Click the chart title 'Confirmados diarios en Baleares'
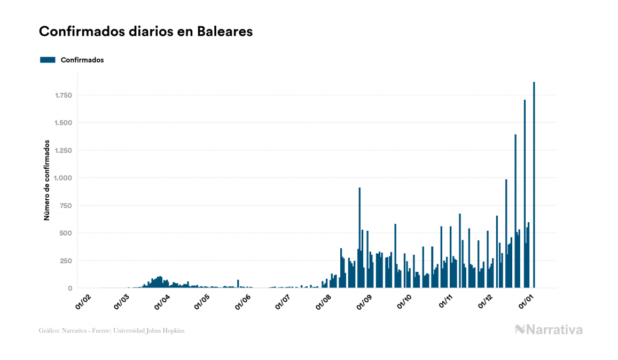pos(146,32)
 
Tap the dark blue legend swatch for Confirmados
pos(48,60)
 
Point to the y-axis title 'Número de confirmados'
pos(46,181)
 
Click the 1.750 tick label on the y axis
pos(63,96)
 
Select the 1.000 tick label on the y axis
pos(63,178)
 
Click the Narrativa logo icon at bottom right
pos(520,330)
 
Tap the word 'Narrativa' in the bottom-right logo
pos(554,330)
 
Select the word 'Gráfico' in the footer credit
pos(49,331)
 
